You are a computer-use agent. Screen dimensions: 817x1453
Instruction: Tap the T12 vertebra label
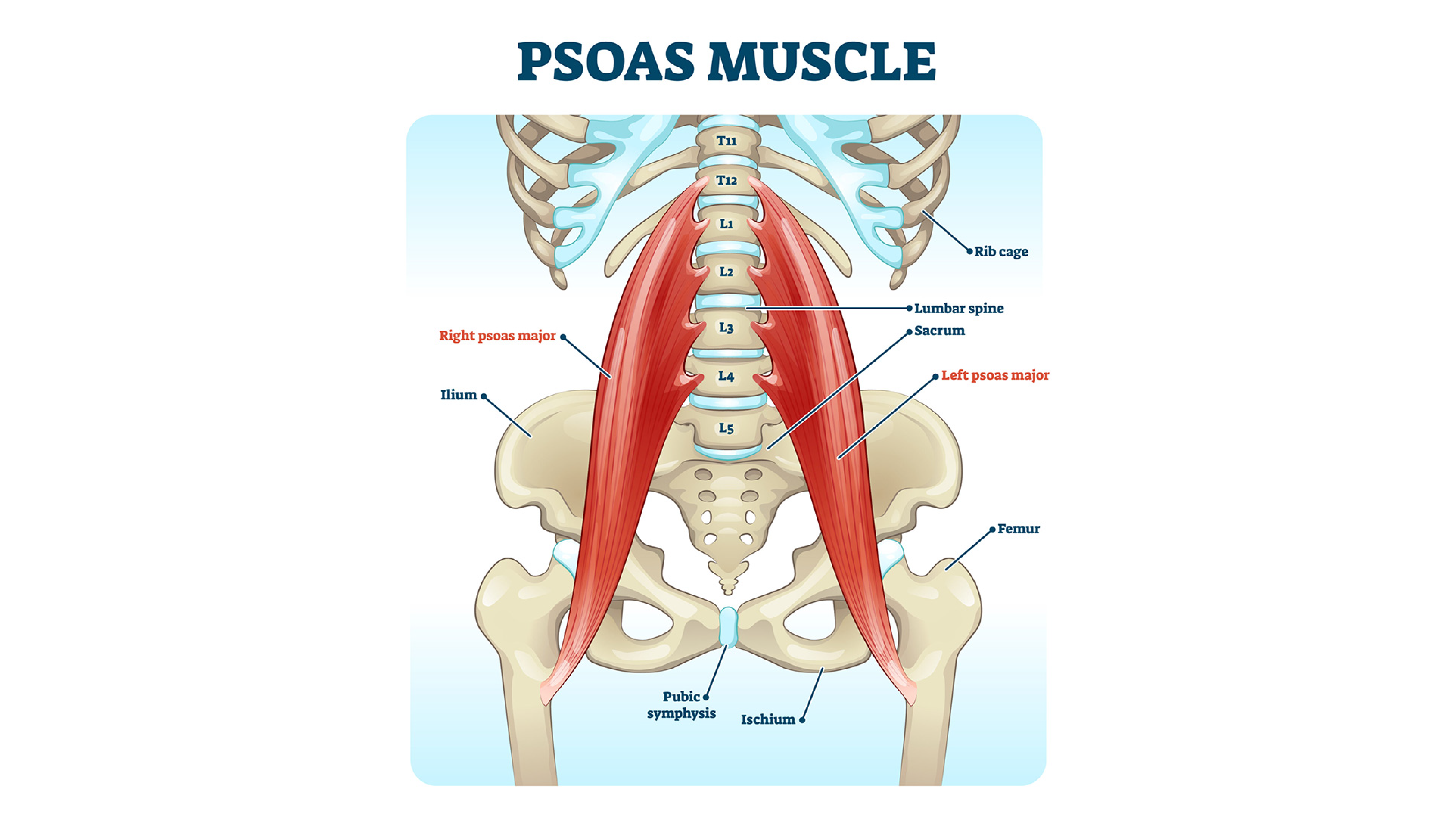(726, 180)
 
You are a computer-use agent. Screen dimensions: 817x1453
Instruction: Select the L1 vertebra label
(726, 224)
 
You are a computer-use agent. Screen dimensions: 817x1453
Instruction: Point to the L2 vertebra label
(726, 272)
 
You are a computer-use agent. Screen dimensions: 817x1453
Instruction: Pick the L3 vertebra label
(726, 327)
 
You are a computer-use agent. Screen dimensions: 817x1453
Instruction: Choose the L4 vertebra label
(726, 376)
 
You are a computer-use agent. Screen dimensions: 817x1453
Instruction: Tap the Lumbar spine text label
(959, 308)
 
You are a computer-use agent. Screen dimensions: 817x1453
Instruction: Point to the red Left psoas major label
(995, 375)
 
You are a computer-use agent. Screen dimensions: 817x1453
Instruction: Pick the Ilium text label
(459, 395)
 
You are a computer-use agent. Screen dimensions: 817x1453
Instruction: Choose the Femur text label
(1019, 529)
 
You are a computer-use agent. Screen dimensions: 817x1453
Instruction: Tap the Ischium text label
(768, 720)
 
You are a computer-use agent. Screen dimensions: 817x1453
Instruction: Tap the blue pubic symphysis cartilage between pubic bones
(729, 627)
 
